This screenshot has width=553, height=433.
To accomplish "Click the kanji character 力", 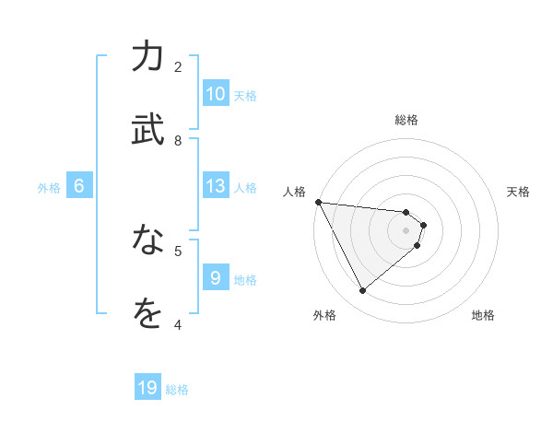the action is (147, 56).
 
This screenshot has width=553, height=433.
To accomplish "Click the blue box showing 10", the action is (215, 94).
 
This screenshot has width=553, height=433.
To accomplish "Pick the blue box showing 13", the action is (215, 186).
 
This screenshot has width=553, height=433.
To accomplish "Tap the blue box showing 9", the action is (215, 278).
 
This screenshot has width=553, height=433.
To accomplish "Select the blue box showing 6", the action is (79, 186).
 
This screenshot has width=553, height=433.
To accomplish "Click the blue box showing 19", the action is (147, 389).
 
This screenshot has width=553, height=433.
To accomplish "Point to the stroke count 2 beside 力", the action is (178, 66).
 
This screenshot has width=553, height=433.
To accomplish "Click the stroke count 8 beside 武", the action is (178, 140).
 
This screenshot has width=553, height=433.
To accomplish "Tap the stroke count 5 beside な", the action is (178, 250).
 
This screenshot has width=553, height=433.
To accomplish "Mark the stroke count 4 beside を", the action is (178, 324).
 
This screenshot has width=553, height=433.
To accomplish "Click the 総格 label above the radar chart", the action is (406, 120).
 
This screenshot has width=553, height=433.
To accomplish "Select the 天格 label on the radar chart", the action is (519, 192).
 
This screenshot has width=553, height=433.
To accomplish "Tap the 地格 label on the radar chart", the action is (483, 316).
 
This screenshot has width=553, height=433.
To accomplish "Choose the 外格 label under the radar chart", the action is (324, 316).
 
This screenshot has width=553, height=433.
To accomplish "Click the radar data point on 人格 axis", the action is (318, 202).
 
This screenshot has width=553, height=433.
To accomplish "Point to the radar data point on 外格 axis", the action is (362, 291).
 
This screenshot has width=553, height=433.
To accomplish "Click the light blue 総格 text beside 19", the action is (177, 390).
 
